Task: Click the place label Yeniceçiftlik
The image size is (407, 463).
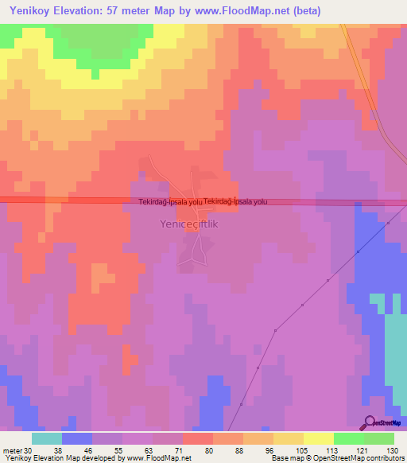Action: tap(184, 225)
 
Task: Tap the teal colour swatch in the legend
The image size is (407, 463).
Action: tap(47, 438)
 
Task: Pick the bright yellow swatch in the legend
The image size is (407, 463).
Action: tap(319, 438)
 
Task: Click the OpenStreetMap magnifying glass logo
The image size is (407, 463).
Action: tap(370, 422)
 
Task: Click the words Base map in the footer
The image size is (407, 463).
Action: tap(285, 458)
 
